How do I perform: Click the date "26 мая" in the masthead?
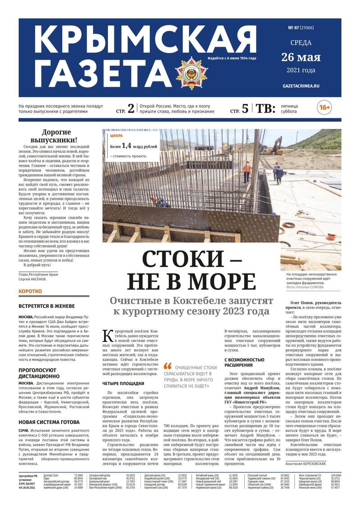301,57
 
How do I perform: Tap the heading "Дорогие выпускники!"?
54,136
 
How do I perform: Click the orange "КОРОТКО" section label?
30,292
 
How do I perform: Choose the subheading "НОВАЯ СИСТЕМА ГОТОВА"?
49,422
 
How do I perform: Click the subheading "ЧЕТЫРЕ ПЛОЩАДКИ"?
123,383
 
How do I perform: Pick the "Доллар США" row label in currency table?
51,475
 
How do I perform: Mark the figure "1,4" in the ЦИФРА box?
125,146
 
